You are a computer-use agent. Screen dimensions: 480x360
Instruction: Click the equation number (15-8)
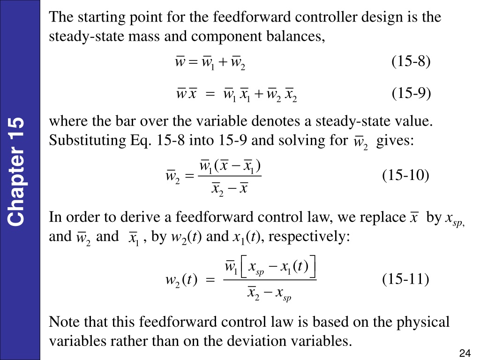(411, 61)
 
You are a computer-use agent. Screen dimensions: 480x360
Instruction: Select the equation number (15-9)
(411, 93)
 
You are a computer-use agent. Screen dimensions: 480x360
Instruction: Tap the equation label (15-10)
(405, 175)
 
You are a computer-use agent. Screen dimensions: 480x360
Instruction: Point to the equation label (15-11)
(405, 279)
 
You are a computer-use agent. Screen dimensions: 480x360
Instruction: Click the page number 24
(465, 353)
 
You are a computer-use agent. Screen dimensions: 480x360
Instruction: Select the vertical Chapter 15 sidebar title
(16, 172)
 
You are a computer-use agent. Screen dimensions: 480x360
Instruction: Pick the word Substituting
(88, 141)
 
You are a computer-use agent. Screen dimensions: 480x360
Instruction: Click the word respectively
(309, 237)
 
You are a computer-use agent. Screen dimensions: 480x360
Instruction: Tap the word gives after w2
(395, 141)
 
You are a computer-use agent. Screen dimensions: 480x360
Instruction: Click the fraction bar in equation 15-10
(230, 176)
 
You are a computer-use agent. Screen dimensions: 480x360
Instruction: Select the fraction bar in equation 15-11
(270, 280)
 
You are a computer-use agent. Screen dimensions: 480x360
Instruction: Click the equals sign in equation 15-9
(210, 94)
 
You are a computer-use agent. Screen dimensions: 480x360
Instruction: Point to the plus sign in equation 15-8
(223, 62)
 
